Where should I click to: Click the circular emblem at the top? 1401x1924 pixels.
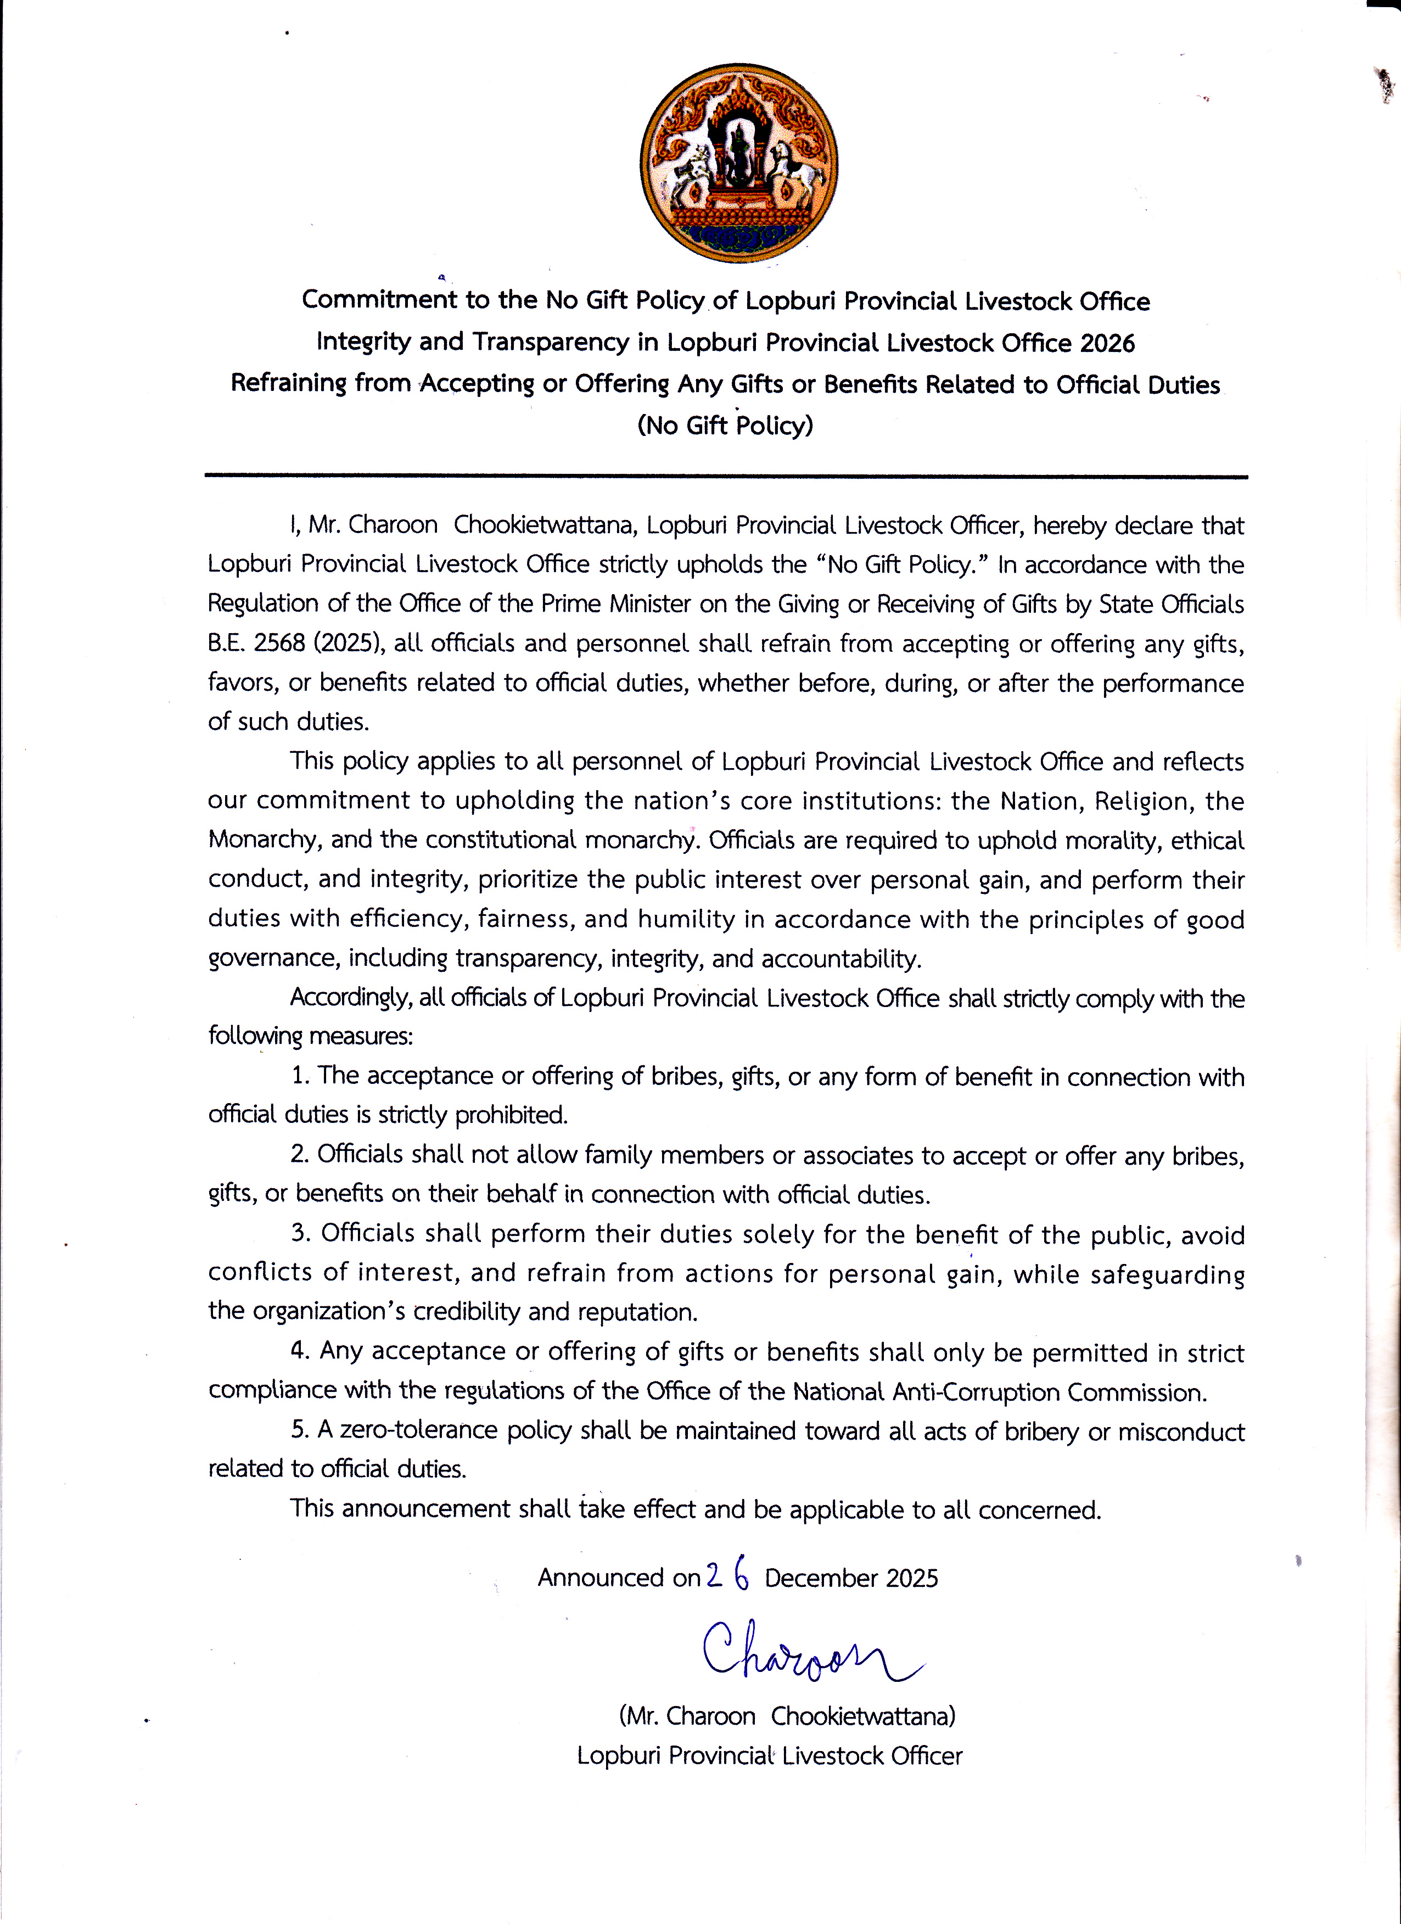pos(739,163)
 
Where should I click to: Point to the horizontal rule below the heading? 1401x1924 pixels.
pos(726,477)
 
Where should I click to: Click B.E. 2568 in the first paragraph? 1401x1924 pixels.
pos(256,643)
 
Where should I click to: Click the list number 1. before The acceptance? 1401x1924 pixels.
pos(300,1076)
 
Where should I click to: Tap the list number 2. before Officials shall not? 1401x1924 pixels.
pos(300,1155)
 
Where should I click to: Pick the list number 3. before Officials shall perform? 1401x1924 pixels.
pos(301,1233)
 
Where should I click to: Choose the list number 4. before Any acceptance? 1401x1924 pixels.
pos(300,1351)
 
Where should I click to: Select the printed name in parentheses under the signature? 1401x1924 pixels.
pos(787,1716)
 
